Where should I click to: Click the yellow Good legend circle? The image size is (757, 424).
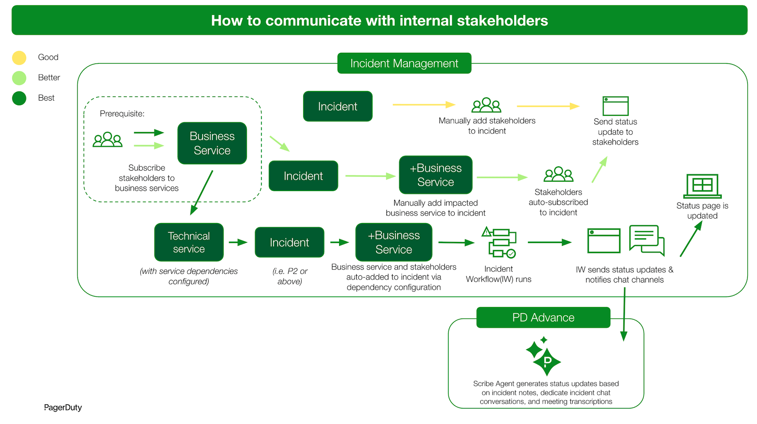coord(19,58)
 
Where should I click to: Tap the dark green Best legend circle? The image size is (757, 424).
coord(19,98)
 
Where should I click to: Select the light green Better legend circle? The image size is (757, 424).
coord(19,78)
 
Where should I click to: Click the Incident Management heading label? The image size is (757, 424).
coord(404,63)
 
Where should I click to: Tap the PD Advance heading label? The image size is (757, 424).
coord(543,318)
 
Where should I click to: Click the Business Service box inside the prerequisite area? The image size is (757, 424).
coord(212,143)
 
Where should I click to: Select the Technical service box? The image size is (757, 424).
coord(189,242)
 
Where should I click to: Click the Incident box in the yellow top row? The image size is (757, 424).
coord(337,106)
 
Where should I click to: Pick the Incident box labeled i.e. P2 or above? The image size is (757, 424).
coord(289,242)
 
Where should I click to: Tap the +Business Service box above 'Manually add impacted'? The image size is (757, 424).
coord(435,175)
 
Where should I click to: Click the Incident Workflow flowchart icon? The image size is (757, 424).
coord(499,243)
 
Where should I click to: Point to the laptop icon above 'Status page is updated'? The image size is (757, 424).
coord(702,186)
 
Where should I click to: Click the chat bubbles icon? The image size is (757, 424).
coord(647,240)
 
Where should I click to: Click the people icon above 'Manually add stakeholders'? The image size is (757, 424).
coord(486,105)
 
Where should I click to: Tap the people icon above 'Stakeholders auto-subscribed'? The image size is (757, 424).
coord(558,174)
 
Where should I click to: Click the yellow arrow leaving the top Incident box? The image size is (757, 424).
coord(423,105)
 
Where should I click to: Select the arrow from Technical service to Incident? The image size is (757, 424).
coord(238,242)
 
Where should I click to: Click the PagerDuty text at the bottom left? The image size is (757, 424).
coord(63,407)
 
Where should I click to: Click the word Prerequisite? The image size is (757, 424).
coord(122,114)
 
